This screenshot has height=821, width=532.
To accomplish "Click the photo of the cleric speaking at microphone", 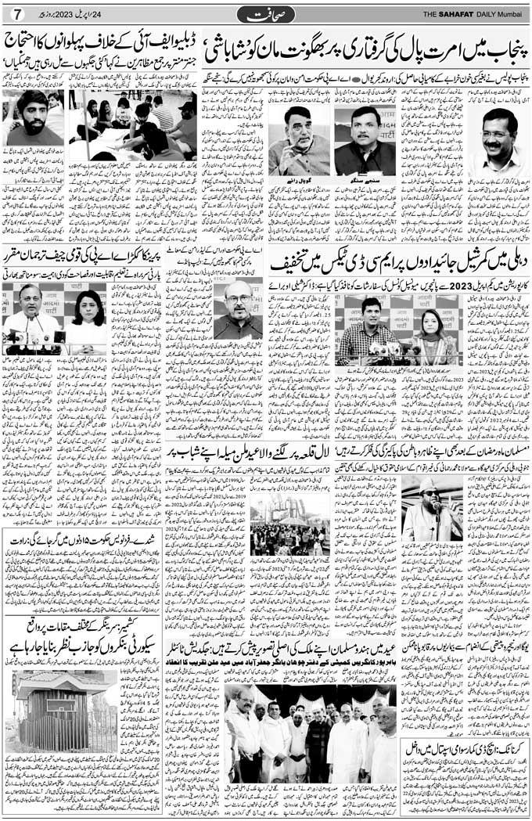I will pyautogui.click(x=432, y=508).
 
